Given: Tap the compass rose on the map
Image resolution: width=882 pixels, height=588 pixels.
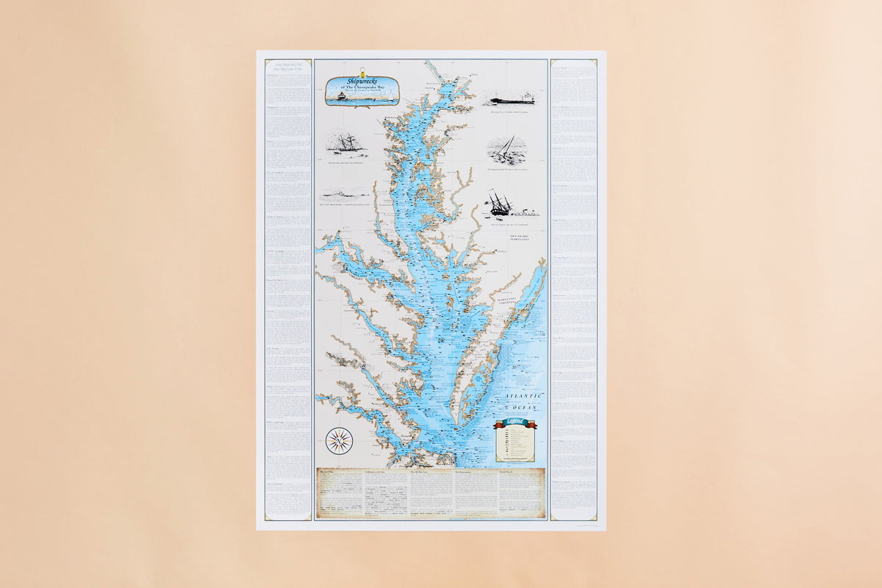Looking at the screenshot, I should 339,440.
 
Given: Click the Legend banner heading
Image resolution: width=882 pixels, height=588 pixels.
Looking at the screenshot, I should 515,423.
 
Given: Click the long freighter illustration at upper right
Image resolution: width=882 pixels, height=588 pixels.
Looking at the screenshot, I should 509,98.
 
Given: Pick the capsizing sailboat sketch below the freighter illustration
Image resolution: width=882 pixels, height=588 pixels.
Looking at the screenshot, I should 506,149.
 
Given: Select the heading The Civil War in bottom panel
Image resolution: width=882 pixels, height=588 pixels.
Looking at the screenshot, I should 328,472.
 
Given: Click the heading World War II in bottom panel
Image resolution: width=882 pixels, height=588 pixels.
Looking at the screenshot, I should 509,472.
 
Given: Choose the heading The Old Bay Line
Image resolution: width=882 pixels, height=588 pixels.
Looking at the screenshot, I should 424,472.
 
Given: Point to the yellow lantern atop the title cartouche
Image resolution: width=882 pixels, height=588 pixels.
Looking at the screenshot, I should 362,73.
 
